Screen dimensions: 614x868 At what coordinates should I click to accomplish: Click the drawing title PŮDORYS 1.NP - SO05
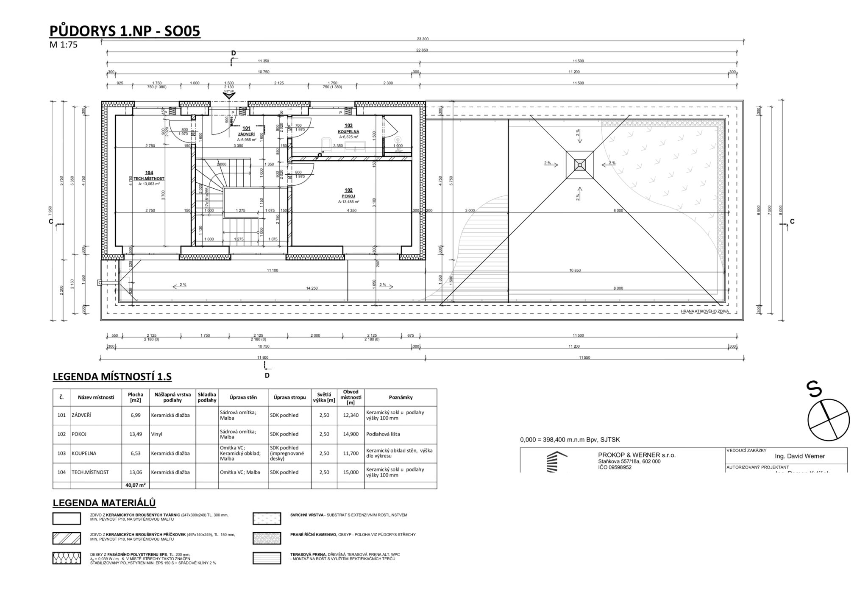[125, 31]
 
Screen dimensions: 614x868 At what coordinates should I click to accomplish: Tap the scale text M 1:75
[64, 45]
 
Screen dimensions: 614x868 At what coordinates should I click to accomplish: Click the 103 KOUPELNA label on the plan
[348, 128]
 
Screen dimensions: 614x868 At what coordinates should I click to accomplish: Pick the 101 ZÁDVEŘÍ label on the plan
[246, 131]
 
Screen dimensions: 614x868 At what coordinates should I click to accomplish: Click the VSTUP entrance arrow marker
[229, 95]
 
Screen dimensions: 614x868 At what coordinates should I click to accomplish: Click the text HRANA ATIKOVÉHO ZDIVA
[704, 311]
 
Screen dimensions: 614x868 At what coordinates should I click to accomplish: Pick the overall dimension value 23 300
[423, 39]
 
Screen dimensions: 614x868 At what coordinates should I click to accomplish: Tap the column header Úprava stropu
[289, 397]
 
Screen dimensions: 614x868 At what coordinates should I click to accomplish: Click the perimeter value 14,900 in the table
[351, 434]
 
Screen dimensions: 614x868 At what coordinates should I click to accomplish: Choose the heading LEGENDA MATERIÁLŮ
[104, 503]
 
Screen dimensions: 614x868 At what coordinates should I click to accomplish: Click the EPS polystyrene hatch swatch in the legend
[67, 558]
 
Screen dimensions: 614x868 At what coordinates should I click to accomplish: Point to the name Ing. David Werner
[800, 456]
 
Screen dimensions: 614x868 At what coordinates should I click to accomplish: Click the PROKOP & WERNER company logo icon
[556, 462]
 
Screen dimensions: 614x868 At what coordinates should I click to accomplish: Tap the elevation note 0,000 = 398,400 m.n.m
[570, 440]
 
